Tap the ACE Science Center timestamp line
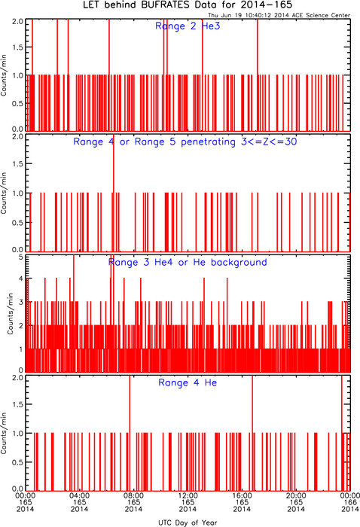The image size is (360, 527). coord(279,15)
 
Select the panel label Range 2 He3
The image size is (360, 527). coord(188,26)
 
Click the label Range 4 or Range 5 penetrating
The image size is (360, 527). coord(154,142)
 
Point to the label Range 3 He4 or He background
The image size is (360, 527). coord(188,262)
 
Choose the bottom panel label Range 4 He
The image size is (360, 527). coord(188,382)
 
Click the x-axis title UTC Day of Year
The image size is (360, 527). coord(188,522)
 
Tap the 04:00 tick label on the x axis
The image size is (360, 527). coord(79,495)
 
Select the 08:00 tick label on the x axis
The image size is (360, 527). coord(133,495)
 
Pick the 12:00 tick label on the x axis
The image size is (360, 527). coord(188,495)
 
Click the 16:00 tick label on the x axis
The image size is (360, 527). coord(242,495)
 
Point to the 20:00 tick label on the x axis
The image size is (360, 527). coord(296,495)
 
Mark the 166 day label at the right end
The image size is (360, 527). coord(350,502)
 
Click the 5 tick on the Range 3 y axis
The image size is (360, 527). coord(21,257)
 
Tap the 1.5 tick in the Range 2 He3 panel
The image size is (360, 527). coord(18,47)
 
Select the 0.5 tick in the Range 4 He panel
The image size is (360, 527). coord(18,462)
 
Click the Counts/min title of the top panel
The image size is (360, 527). coord(4,75)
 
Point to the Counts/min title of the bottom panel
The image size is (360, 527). coord(4,433)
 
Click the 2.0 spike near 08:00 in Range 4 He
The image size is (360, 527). coord(130,433)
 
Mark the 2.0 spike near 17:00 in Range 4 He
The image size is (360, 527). coord(252,433)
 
